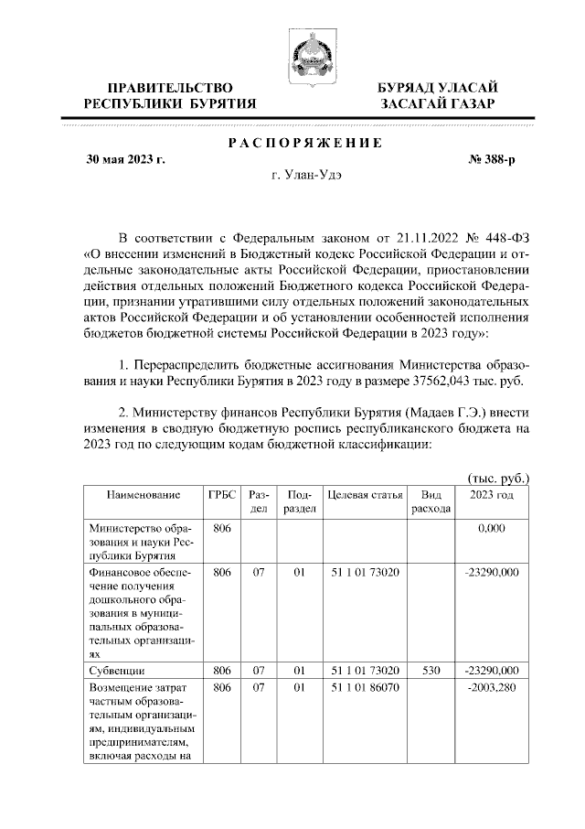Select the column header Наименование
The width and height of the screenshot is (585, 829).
click(143, 494)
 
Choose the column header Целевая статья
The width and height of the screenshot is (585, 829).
click(365, 494)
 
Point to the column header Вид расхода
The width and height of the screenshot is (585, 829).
click(431, 501)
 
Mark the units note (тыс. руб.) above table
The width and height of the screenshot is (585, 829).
click(498, 478)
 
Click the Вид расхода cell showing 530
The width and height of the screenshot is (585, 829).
click(431, 670)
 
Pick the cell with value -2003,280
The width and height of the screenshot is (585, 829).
click(492, 686)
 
